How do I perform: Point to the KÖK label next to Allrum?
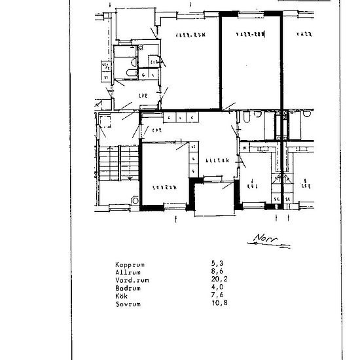(x=253, y=185)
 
